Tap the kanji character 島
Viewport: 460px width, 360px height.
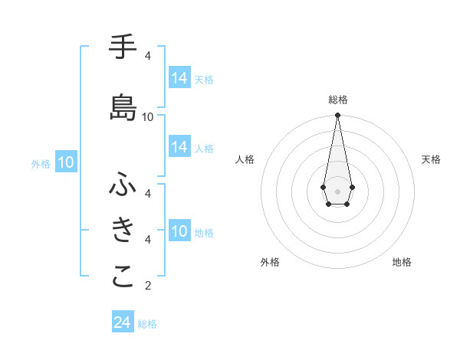[123, 107]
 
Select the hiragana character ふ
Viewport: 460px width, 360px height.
[123, 185]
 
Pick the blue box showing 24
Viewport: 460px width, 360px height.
[122, 322]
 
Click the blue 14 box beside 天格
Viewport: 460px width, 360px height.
[179, 78]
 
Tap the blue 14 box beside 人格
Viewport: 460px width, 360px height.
[179, 147]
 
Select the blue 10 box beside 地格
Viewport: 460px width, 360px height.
[179, 231]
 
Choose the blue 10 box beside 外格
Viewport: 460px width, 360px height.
[66, 162]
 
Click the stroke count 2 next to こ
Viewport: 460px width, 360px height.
[148, 286]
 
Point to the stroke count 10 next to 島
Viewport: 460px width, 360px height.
[148, 116]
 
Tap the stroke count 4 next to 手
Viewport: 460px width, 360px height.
[148, 56]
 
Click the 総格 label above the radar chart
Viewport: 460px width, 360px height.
[337, 100]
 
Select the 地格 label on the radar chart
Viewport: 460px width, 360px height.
[402, 262]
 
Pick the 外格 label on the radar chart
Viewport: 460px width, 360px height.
[270, 262]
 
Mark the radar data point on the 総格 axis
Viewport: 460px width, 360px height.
[337, 116]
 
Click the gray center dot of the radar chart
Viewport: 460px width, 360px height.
[337, 191]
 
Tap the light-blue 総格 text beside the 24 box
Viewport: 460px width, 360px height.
[147, 324]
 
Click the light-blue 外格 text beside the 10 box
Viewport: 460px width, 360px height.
[41, 163]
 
